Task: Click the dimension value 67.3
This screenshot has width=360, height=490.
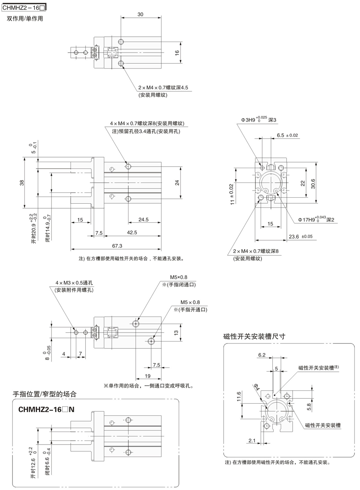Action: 117,246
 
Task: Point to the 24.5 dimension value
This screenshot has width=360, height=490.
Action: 143,219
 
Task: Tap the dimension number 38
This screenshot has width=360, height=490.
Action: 22,183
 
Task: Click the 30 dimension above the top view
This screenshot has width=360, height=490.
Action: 140,14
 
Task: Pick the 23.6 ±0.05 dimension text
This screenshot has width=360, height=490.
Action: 301,237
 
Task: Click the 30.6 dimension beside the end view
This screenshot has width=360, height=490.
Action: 313,183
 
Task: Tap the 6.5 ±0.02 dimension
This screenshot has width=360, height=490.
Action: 287,135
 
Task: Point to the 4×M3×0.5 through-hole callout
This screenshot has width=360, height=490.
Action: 74,283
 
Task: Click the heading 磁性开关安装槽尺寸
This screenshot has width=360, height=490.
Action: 254,336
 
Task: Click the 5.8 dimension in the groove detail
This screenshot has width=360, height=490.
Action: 309,407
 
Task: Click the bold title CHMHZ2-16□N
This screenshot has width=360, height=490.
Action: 46,409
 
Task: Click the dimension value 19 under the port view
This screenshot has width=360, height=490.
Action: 148,376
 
